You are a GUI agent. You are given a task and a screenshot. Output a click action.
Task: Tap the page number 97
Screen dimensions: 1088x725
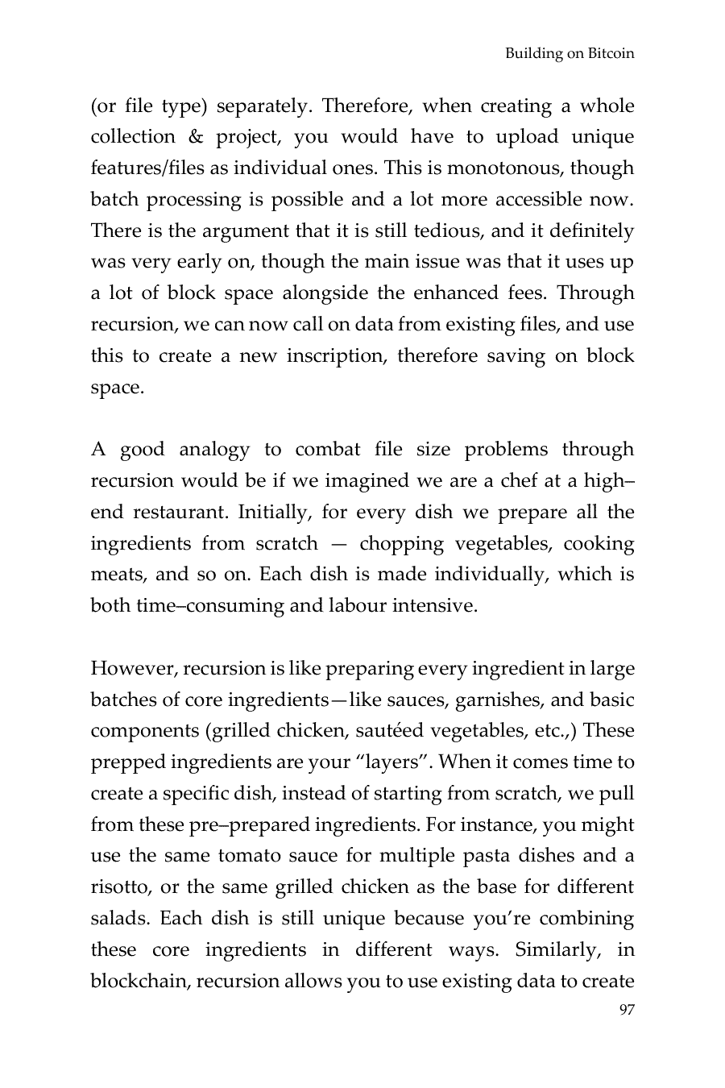coord(626,1010)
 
